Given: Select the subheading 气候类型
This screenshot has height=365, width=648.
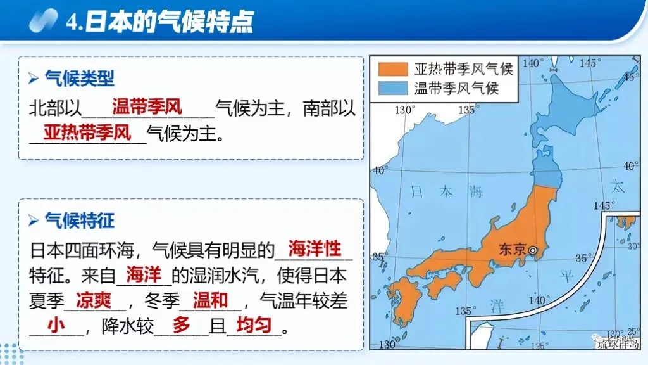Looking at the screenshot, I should pos(79,79).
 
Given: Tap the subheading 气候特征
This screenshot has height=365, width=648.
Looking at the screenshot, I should pos(79,221).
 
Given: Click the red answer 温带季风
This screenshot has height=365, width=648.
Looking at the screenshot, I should pos(147,107).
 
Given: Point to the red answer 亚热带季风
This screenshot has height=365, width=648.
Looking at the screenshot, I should pos(87,133).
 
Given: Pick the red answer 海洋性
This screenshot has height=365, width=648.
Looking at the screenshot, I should pos(315,248).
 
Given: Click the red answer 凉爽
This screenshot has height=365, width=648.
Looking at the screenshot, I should pos(94,299).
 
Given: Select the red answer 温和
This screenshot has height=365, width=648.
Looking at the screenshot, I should pos(211,299).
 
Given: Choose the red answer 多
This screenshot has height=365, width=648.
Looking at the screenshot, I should pos(181,326).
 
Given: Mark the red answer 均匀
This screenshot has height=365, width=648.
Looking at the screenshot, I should pos(254,326).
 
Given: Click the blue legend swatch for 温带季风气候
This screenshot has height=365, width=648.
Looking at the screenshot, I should pos(392,87).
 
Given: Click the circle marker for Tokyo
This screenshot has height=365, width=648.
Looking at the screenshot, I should pos(533,250).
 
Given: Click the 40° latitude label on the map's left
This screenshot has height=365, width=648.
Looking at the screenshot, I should pos(380,170).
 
